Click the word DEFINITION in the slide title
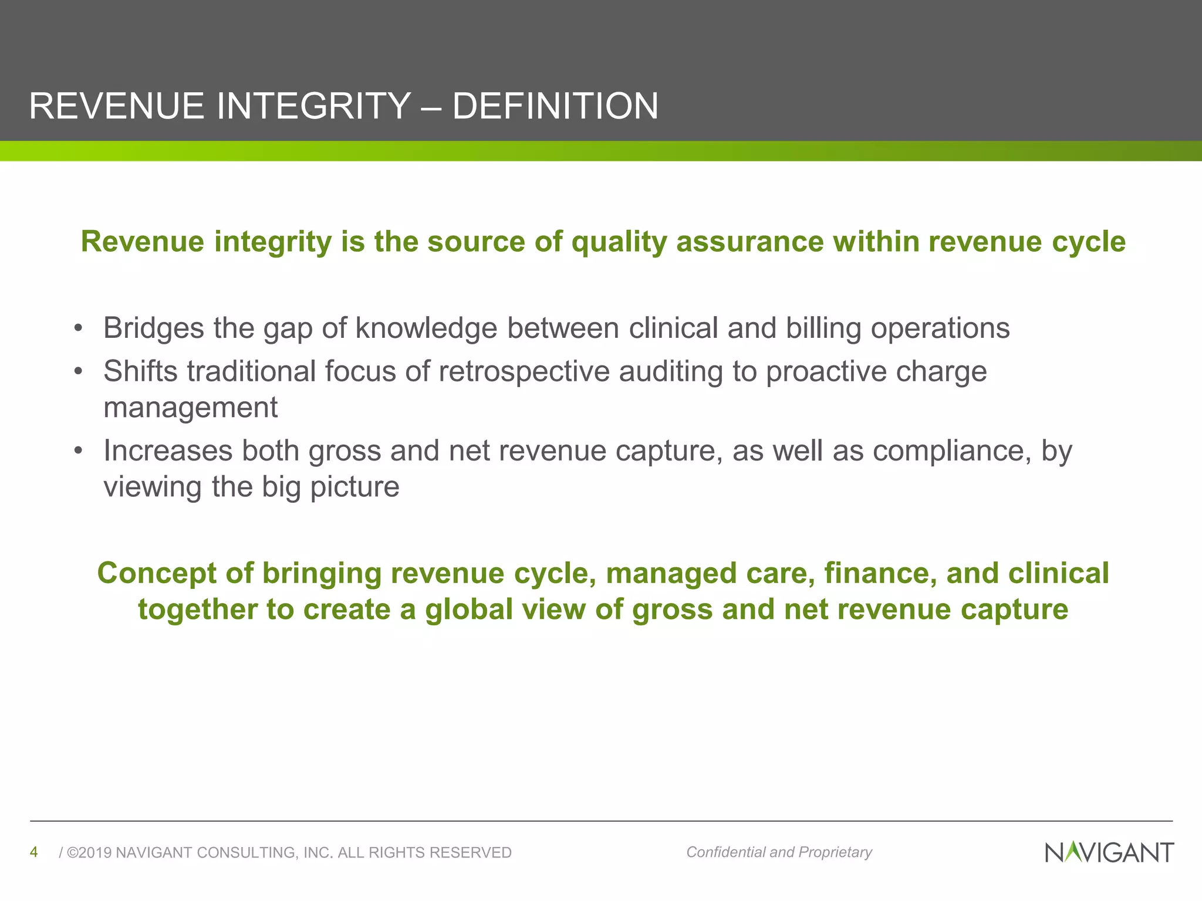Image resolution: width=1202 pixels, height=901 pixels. (555, 106)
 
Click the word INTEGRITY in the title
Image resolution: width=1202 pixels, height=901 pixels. (313, 106)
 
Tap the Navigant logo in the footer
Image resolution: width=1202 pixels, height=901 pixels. (1109, 852)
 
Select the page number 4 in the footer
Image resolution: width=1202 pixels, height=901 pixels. (34, 852)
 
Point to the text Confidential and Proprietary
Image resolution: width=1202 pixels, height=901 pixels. (779, 852)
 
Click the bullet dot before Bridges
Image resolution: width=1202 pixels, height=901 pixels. (78, 328)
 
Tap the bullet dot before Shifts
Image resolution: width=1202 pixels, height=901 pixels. (78, 372)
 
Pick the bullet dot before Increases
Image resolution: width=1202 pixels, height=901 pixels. (78, 451)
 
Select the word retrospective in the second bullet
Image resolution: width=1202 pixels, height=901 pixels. (524, 372)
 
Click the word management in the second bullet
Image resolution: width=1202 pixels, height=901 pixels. (190, 408)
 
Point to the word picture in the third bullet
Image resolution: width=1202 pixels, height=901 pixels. (354, 487)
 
